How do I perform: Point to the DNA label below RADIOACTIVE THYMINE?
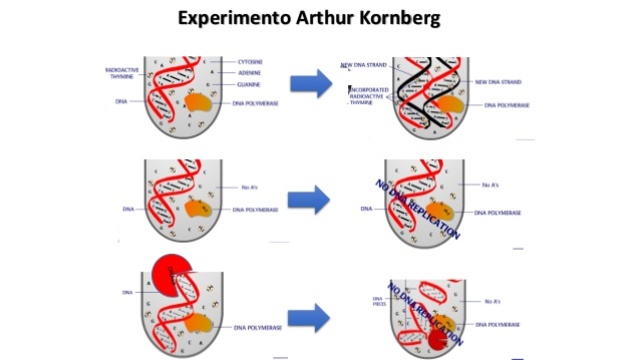(x=121, y=102)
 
